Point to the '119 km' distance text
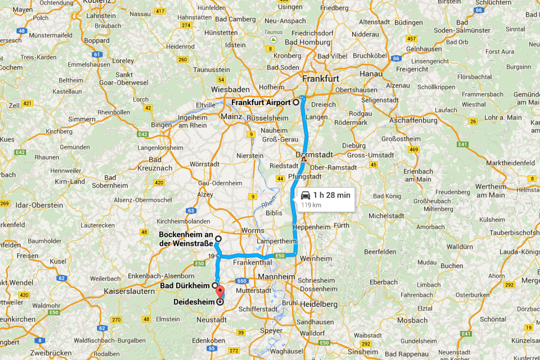point(311,205)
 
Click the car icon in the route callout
point(305,195)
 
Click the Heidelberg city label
point(318,304)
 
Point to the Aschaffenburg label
point(413,121)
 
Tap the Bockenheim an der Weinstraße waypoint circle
point(218,239)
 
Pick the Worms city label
point(253,231)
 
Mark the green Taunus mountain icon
point(273,39)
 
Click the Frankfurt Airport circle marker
point(296,102)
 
